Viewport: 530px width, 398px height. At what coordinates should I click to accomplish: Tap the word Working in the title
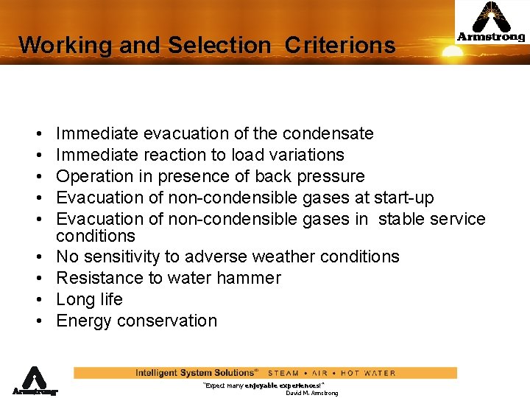[x=66, y=45]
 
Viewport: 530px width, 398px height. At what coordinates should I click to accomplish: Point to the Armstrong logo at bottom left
[x=34, y=380]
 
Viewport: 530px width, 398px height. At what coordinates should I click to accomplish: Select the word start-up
[x=404, y=198]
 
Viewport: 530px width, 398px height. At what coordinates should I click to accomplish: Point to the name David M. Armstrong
[x=311, y=393]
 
